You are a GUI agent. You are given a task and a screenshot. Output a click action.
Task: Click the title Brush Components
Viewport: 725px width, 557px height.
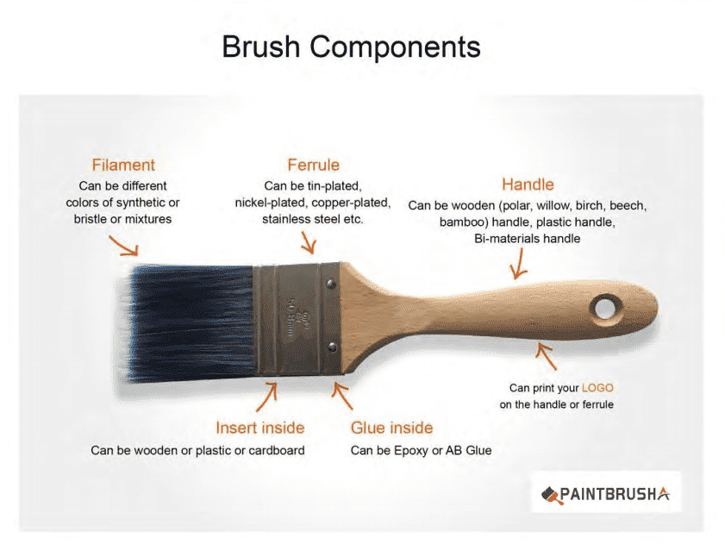click(352, 47)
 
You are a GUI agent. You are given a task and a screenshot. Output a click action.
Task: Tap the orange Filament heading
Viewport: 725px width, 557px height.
click(123, 166)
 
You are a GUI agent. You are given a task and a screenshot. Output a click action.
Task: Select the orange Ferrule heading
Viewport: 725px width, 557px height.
click(314, 166)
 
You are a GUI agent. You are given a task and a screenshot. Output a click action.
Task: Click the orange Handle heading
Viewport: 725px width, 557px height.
click(528, 185)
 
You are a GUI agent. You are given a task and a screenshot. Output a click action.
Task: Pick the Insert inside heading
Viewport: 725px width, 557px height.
click(259, 428)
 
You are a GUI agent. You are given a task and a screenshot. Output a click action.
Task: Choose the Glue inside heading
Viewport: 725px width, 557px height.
click(391, 428)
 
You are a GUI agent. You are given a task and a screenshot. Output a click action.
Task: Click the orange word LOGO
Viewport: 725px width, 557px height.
click(597, 388)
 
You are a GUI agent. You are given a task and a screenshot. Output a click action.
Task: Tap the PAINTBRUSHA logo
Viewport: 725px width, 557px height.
click(606, 494)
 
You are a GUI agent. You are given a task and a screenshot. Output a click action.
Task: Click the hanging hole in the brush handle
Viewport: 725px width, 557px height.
click(605, 308)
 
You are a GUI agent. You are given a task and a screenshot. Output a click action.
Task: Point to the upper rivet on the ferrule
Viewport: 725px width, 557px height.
click(331, 284)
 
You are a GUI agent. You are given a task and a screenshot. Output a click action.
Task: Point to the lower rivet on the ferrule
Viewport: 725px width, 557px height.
click(332, 347)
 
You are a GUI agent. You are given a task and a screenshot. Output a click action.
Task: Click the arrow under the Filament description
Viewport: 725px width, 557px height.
click(125, 247)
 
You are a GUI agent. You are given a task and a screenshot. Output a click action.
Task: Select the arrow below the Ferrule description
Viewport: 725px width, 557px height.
click(309, 243)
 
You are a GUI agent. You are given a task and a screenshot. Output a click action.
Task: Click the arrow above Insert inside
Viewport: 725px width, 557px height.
click(267, 397)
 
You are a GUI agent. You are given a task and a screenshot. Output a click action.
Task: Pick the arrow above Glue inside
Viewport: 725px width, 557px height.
click(342, 396)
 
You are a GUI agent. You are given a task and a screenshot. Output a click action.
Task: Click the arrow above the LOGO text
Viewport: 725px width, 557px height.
click(546, 356)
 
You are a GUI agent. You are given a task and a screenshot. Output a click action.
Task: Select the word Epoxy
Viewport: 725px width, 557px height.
click(410, 451)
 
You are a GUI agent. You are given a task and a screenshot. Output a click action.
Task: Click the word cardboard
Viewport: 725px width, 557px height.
click(277, 450)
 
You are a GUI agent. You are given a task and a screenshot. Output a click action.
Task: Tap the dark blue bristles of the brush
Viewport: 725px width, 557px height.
click(190, 322)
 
